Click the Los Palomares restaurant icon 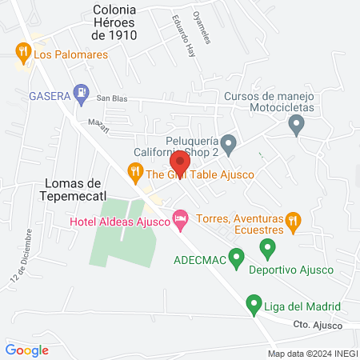click(x=22, y=54)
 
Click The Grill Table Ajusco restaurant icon click(x=135, y=172)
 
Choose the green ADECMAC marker click(x=236, y=258)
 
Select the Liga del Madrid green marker click(x=254, y=305)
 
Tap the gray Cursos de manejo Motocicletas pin click(x=297, y=125)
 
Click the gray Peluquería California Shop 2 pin click(x=229, y=146)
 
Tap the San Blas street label click(x=113, y=98)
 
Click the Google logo click(x=27, y=350)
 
